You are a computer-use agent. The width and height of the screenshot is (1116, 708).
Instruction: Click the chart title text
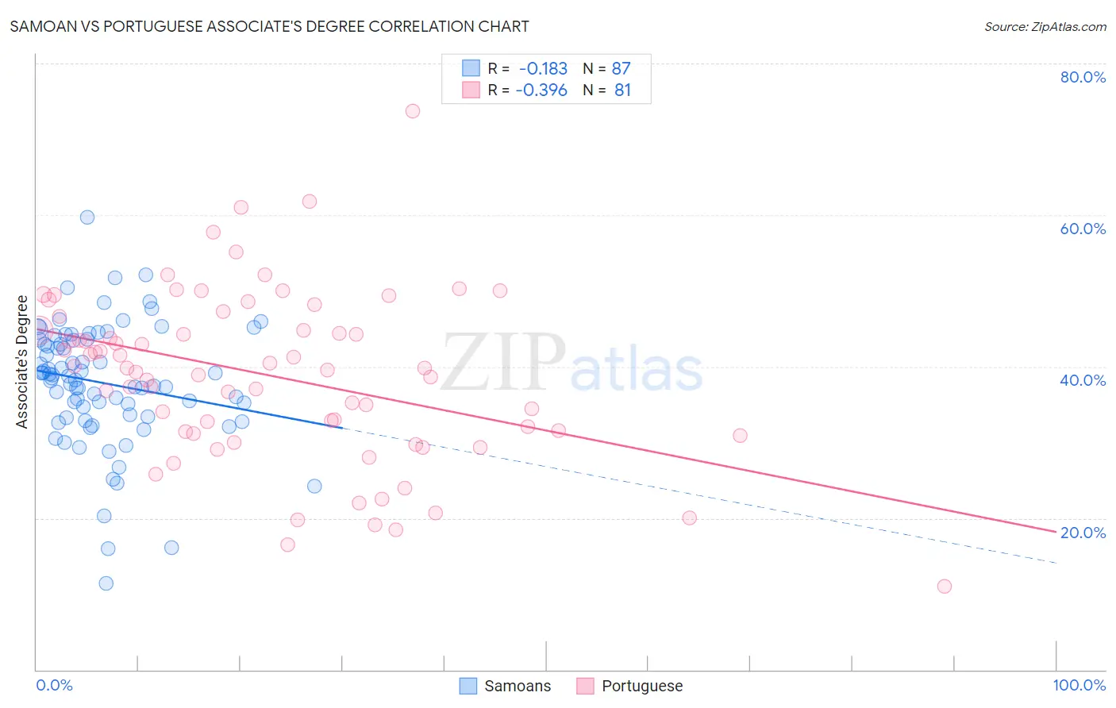[269, 26]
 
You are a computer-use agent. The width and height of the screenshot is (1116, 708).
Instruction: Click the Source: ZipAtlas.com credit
[1045, 26]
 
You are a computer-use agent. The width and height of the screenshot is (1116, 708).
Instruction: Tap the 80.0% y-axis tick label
[1083, 77]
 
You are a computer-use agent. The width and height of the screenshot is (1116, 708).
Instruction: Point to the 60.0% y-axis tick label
[1083, 229]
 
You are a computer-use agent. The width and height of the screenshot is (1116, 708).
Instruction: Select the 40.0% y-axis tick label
[1083, 380]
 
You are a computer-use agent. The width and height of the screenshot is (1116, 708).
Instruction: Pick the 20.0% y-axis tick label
[1083, 533]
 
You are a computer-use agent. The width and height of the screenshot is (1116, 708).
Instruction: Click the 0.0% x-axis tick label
[54, 685]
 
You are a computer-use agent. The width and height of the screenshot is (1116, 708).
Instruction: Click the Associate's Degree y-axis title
[22, 362]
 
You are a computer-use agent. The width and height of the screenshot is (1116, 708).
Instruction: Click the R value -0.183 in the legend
[543, 69]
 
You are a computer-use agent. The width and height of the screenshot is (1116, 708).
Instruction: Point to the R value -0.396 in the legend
[541, 90]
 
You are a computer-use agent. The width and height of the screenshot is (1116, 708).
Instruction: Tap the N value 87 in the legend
[621, 69]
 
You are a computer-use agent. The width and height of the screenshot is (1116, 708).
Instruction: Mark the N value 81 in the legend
[622, 90]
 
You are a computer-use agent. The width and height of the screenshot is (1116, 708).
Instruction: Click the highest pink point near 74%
[413, 111]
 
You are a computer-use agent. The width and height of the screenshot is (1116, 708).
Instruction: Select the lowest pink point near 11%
[945, 587]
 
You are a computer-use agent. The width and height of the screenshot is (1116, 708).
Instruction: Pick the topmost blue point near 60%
[87, 217]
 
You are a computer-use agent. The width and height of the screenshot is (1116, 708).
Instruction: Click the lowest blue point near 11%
[106, 583]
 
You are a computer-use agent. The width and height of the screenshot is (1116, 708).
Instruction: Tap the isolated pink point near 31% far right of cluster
[741, 436]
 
